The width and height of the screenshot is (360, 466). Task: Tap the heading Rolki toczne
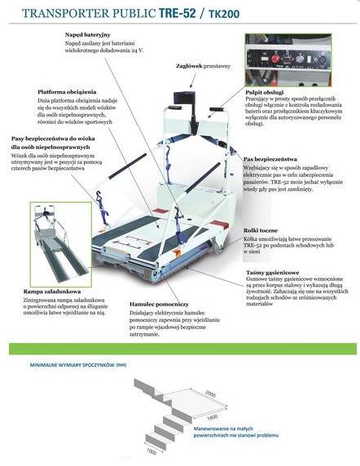(261, 231)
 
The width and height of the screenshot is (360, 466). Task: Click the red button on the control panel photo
(278, 59)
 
